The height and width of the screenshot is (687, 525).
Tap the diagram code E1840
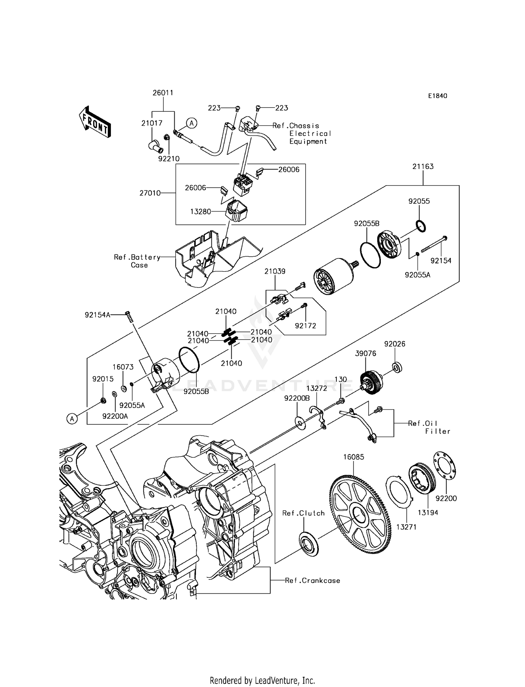(437, 96)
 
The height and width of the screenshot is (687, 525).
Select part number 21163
(423, 166)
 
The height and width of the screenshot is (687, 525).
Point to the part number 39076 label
(365, 354)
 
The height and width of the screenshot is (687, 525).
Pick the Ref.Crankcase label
(312, 581)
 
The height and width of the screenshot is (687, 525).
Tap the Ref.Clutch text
(303, 513)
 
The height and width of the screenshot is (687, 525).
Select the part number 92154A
(97, 315)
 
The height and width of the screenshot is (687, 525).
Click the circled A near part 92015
(72, 418)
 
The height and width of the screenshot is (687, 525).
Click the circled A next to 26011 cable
(191, 123)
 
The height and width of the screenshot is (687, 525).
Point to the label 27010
(150, 193)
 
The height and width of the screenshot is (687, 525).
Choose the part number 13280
(201, 211)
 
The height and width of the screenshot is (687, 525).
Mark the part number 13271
(406, 527)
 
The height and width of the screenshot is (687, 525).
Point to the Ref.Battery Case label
(137, 261)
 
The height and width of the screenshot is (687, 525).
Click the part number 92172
(305, 326)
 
